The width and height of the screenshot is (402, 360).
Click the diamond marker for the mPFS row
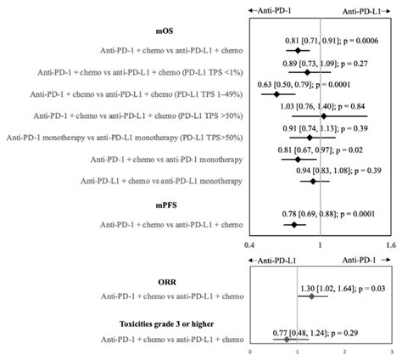pos(295,225)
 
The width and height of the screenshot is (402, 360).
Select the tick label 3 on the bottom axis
pos(390,352)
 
